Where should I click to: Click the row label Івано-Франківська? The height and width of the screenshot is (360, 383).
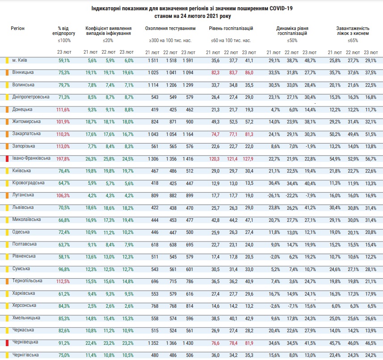(x=31, y=158)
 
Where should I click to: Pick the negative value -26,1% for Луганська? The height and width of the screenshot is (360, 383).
(x=274, y=195)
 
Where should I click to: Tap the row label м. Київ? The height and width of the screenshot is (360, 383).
(x=21, y=60)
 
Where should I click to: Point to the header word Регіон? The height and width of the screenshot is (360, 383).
(x=18, y=29)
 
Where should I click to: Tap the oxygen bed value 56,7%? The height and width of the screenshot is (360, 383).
(x=370, y=159)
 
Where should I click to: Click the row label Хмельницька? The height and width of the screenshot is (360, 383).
(x=27, y=318)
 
